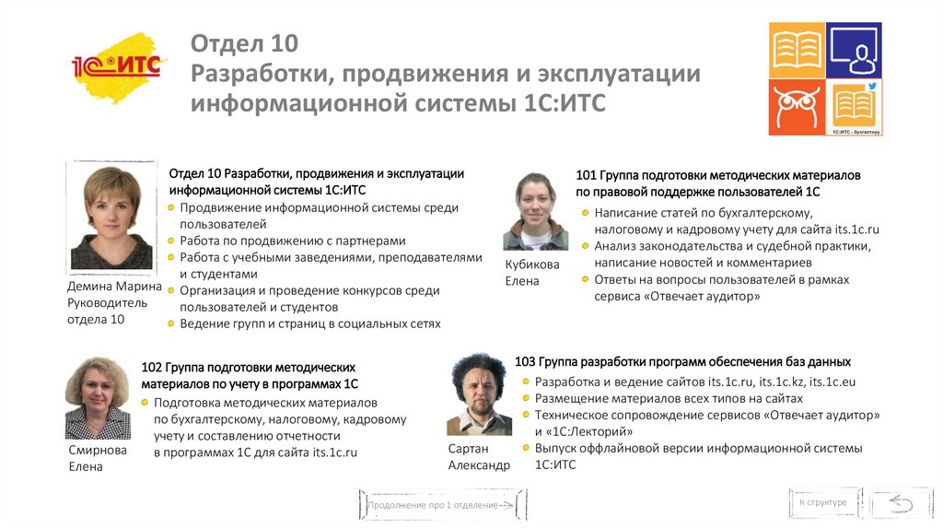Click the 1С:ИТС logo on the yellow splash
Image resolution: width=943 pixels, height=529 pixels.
(x=116, y=67)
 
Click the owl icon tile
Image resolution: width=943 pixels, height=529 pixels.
(x=797, y=107)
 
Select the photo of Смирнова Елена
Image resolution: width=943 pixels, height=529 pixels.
(x=98, y=397)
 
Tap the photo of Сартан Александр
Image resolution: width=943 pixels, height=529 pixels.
(x=479, y=394)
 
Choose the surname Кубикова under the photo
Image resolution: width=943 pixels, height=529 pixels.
(x=532, y=264)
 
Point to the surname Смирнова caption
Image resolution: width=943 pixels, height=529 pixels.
(x=98, y=450)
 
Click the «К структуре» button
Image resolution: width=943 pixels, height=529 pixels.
(x=822, y=502)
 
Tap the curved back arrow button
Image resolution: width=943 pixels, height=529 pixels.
(x=899, y=502)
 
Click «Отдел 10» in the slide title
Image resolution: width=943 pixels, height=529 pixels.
(x=244, y=44)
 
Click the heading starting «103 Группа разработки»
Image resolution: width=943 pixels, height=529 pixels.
(x=682, y=361)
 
